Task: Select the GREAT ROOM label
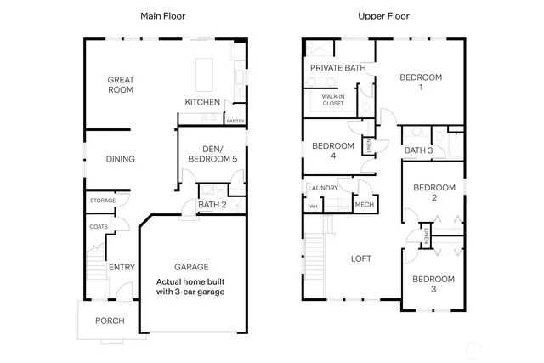coord(122,84)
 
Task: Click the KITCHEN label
coord(202,103)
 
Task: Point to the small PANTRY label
coord(235,121)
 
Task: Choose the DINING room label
coord(120,159)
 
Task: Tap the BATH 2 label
coord(212,205)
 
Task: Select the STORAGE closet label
coord(103,201)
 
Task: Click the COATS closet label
coord(99,227)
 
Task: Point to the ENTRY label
coord(122,268)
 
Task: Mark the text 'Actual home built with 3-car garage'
coord(196,286)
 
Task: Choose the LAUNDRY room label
coord(324,188)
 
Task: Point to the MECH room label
coord(364,205)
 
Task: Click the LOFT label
coord(361,259)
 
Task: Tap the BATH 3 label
coord(417,150)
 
